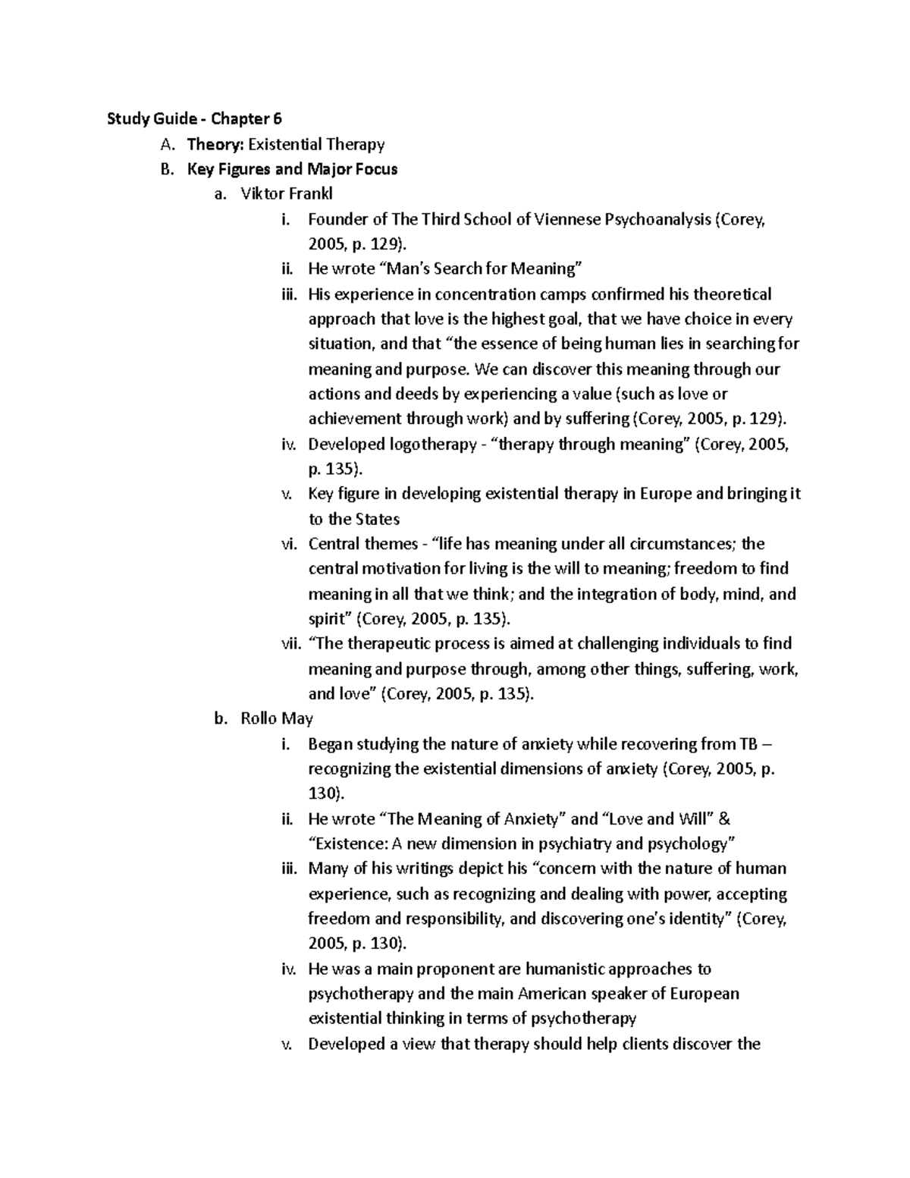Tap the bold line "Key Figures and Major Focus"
(x=292, y=168)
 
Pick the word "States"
(x=378, y=519)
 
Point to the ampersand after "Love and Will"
(x=724, y=818)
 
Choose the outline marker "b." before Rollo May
(x=221, y=718)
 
